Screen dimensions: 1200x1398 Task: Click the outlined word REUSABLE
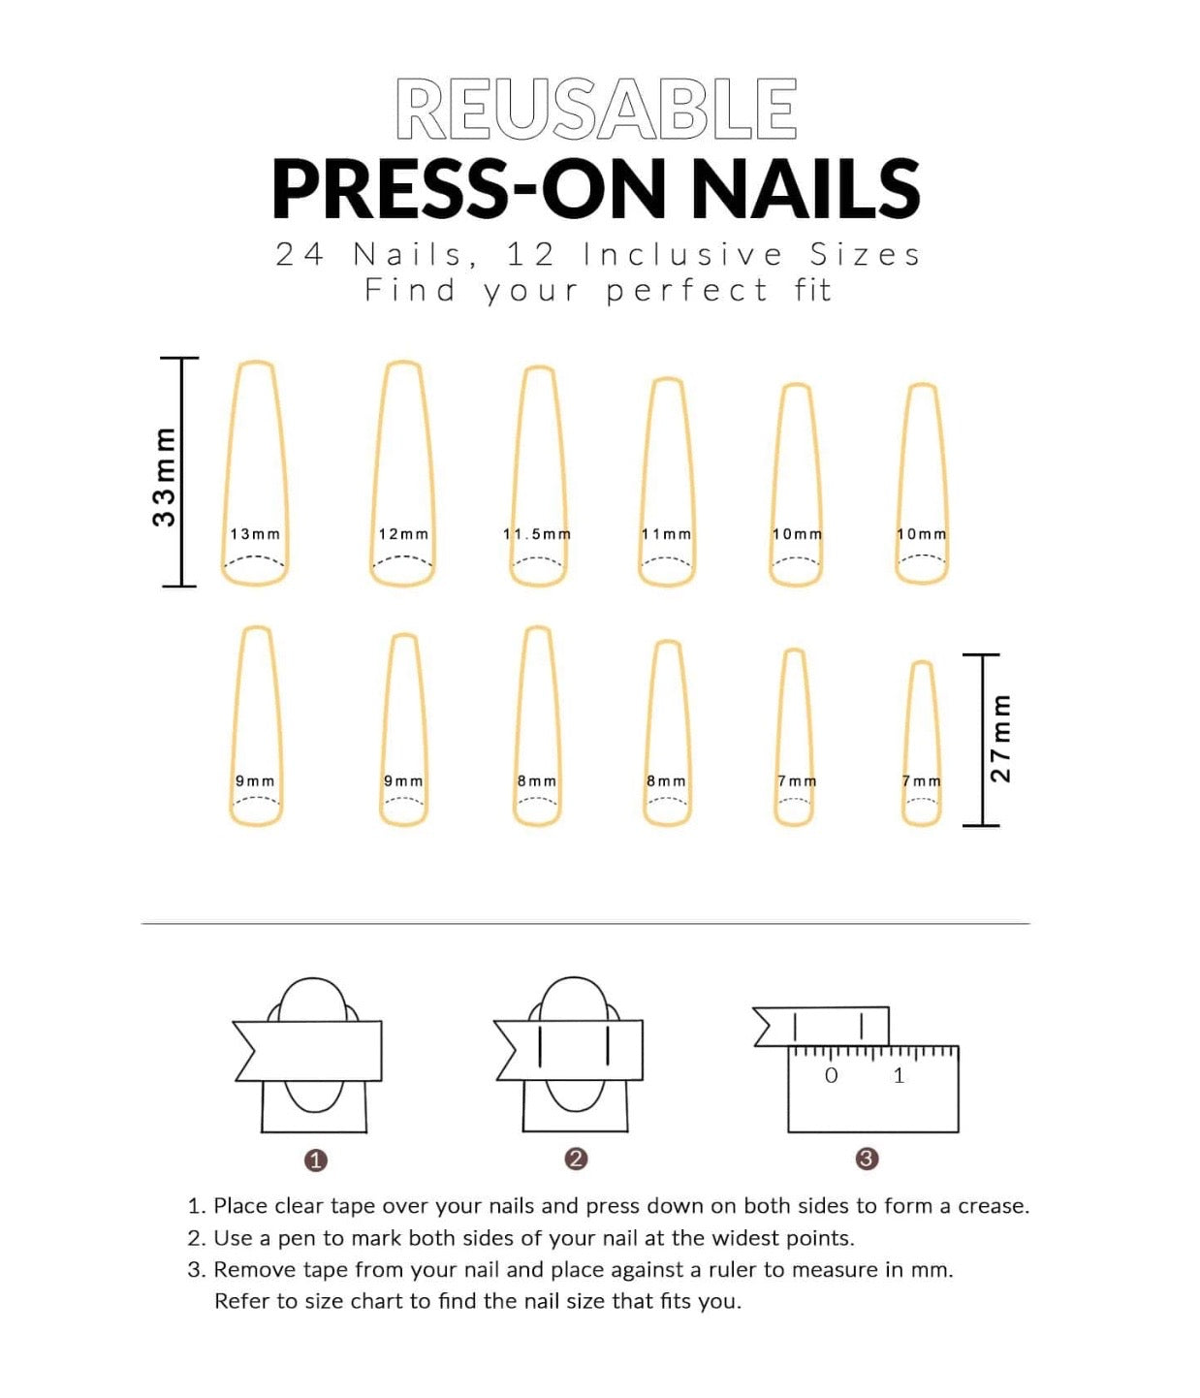595,109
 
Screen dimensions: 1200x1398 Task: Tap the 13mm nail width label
255,534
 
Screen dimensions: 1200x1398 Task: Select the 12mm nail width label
403,534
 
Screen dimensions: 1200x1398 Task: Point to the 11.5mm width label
537,534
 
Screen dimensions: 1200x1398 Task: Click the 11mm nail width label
667,534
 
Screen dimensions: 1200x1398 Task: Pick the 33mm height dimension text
164,477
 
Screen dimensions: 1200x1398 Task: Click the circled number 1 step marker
316,1160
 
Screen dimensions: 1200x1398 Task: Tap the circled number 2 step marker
576,1160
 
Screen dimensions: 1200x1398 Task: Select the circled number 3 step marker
867,1160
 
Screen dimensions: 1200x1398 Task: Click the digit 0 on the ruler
832,1075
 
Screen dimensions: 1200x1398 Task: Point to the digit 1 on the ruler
900,1075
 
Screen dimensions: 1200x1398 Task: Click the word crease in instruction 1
994,1206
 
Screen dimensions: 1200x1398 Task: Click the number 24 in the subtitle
300,255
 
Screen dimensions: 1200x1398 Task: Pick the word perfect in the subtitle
687,292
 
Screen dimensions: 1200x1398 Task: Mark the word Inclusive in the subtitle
682,255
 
